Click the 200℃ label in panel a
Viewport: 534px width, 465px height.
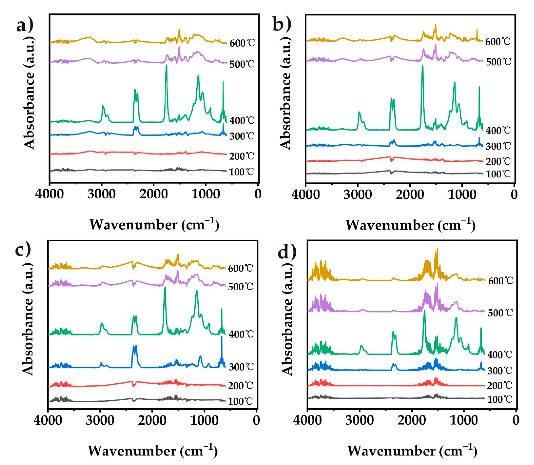(242, 156)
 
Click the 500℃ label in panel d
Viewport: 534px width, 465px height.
(500, 313)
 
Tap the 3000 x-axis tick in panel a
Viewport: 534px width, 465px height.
(101, 194)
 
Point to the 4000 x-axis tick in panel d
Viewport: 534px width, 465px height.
(307, 420)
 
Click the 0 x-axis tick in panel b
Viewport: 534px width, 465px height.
(514, 195)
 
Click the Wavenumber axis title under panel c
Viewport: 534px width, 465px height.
(153, 451)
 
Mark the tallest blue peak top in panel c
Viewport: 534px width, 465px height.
(222, 337)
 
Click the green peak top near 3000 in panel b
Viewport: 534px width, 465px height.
(359, 112)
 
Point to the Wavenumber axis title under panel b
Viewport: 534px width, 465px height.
(410, 225)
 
